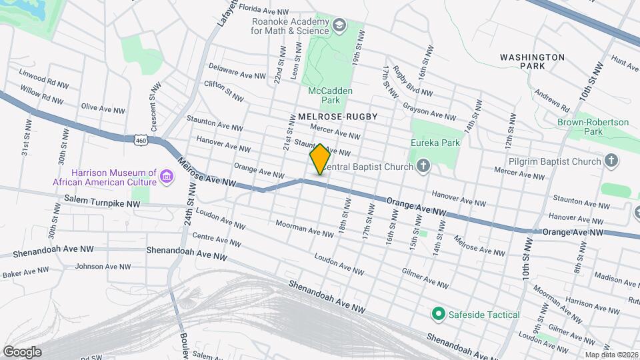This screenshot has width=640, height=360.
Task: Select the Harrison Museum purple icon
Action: [166, 177]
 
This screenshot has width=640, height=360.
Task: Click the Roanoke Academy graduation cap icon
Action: [339, 26]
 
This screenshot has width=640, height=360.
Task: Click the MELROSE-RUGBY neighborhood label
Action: [337, 117]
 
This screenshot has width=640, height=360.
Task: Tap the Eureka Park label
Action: [437, 143]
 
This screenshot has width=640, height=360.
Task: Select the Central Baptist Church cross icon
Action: [423, 165]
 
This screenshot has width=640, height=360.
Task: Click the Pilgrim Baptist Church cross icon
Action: [611, 161]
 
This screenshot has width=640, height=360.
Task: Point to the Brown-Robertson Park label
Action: [593, 127]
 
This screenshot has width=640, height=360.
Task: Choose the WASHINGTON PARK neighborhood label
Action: [532, 62]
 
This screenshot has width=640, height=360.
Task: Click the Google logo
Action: [22, 351]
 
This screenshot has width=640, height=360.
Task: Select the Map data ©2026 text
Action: [611, 355]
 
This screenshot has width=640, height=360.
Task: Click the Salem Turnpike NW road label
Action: [103, 199]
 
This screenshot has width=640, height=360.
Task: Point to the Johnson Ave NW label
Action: [103, 266]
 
